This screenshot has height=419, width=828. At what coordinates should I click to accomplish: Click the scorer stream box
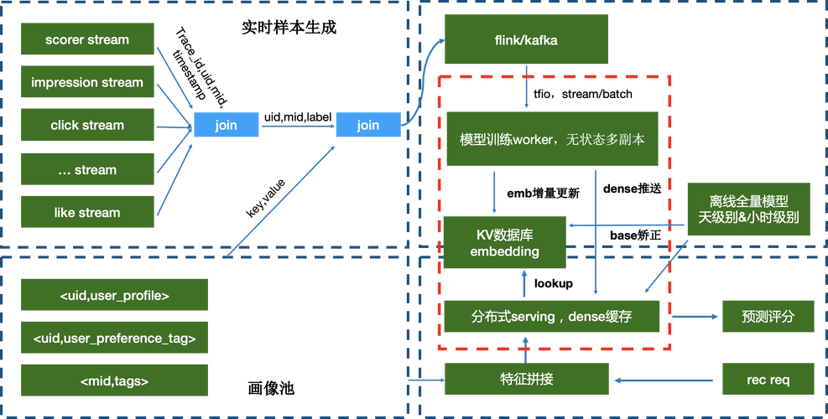pyautogui.click(x=87, y=39)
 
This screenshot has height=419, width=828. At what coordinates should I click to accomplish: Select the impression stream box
pyautogui.click(x=87, y=82)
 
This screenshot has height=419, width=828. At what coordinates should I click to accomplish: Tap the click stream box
pyautogui.click(x=87, y=125)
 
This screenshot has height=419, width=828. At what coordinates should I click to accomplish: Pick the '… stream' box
pyautogui.click(x=87, y=169)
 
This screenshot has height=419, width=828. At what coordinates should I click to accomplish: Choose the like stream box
pyautogui.click(x=87, y=212)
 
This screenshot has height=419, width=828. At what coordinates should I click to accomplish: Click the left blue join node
pyautogui.click(x=226, y=125)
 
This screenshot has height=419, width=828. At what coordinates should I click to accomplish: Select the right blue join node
pyautogui.click(x=367, y=125)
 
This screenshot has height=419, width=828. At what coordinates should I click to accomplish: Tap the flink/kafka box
pyautogui.click(x=527, y=39)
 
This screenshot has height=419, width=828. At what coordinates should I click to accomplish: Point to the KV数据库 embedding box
pyautogui.click(x=504, y=243)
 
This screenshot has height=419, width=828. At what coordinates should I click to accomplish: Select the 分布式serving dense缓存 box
pyautogui.click(x=552, y=316)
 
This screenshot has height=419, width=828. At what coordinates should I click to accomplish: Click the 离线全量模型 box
pyautogui.click(x=748, y=209)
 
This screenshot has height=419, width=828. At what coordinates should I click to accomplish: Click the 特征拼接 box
pyautogui.click(x=527, y=380)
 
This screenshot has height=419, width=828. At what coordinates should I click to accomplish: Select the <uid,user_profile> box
pyautogui.click(x=114, y=295)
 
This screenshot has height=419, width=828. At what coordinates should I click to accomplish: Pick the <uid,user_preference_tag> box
pyautogui.click(x=114, y=338)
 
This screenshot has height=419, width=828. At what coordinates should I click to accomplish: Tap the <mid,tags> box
pyautogui.click(x=114, y=380)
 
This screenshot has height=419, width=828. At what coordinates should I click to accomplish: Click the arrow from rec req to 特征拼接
pyautogui.click(x=667, y=380)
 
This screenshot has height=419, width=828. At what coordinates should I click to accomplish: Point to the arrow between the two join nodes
pyautogui.click(x=297, y=127)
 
